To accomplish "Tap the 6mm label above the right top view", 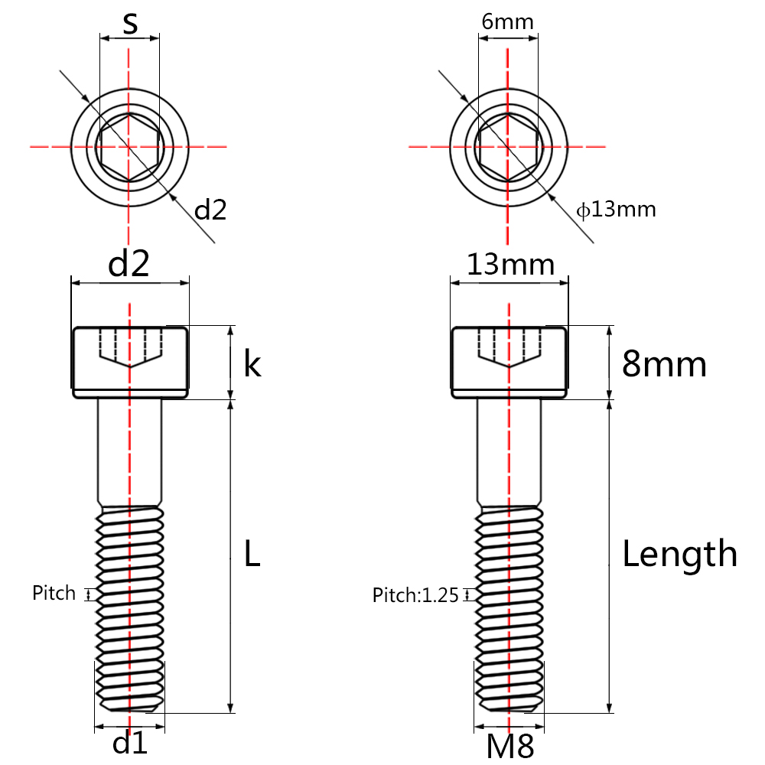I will click(507, 21).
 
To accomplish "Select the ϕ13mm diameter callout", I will click(616, 209).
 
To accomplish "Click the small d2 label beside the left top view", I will click(210, 210).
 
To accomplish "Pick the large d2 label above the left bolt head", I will click(129, 264).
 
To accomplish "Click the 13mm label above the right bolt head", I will click(510, 265).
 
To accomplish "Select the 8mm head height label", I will click(664, 364).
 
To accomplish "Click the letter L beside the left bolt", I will click(252, 553).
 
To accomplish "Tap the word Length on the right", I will click(679, 553).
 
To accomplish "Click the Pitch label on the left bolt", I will click(54, 593).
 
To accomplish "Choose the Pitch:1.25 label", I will click(415, 595).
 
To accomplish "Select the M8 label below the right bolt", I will click(509, 745).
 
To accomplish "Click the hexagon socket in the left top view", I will click(129, 145).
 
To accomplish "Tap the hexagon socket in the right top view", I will click(508, 145).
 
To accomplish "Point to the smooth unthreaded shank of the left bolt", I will click(130, 451).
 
